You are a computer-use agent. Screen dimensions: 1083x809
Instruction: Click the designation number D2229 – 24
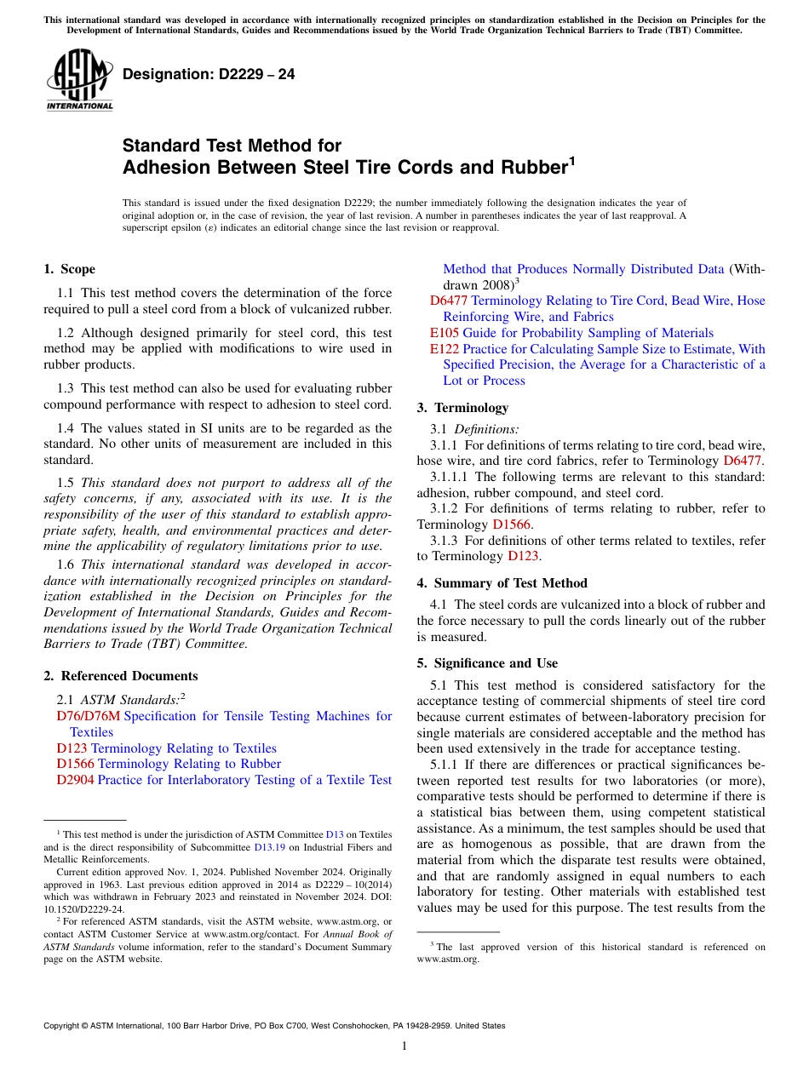[209, 75]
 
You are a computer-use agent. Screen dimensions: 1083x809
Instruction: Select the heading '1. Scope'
[69, 269]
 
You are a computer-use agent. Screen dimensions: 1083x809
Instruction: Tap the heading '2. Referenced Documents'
[120, 676]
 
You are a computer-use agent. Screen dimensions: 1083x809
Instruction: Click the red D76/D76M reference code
[88, 716]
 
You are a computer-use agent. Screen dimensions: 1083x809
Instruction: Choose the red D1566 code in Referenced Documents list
[75, 764]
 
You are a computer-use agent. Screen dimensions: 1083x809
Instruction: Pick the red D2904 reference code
[75, 780]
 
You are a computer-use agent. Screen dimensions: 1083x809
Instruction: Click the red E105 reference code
[444, 333]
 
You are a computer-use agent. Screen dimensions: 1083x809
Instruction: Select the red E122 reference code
[444, 349]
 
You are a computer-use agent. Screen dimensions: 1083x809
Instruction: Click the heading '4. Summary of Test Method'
[502, 583]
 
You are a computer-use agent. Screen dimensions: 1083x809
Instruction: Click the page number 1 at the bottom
[404, 1046]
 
